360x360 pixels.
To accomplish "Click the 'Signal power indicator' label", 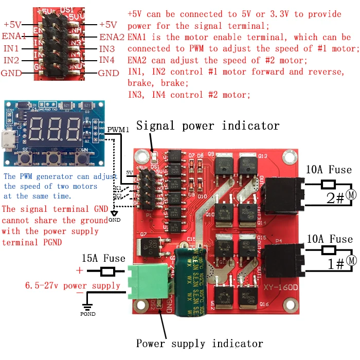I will pos(208,125).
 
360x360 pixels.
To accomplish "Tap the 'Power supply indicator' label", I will pos(200,344).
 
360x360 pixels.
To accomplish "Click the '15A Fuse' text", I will pos(103,258).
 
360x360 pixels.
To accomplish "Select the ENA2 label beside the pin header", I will pos(112,37).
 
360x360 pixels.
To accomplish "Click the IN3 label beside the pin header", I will pos(107,49).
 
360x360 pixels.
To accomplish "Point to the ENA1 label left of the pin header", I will pos(14,36).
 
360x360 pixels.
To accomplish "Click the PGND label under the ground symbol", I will pos(87,313).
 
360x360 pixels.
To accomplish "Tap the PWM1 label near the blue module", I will pos(119,129).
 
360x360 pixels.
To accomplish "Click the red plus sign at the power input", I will pos(79,271).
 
